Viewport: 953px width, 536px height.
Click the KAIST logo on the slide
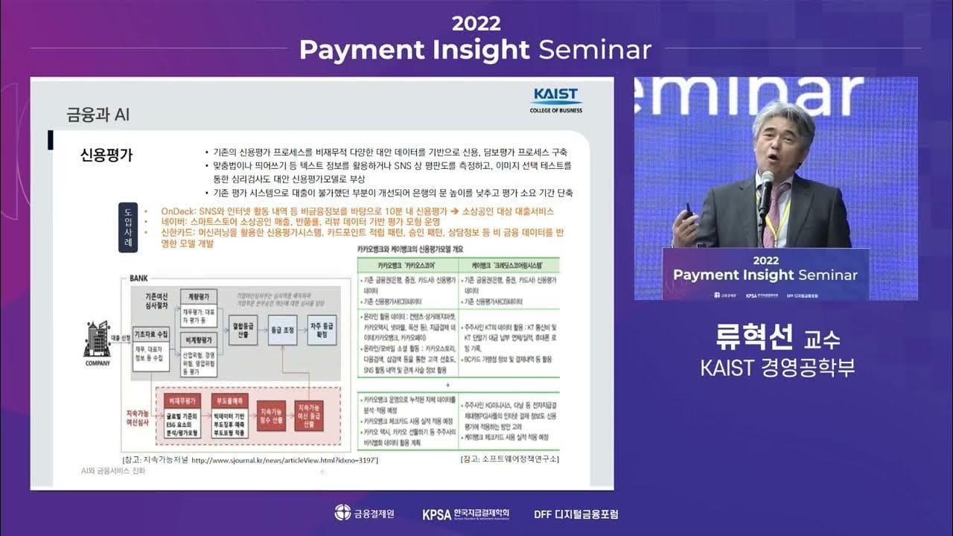pos(555,100)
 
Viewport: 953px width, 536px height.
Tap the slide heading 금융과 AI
pos(98,115)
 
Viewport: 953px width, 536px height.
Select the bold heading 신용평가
pos(106,155)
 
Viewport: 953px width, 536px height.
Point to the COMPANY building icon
pos(98,342)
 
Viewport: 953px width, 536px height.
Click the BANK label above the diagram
pos(138,278)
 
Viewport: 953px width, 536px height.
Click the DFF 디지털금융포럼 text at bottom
pos(576,514)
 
